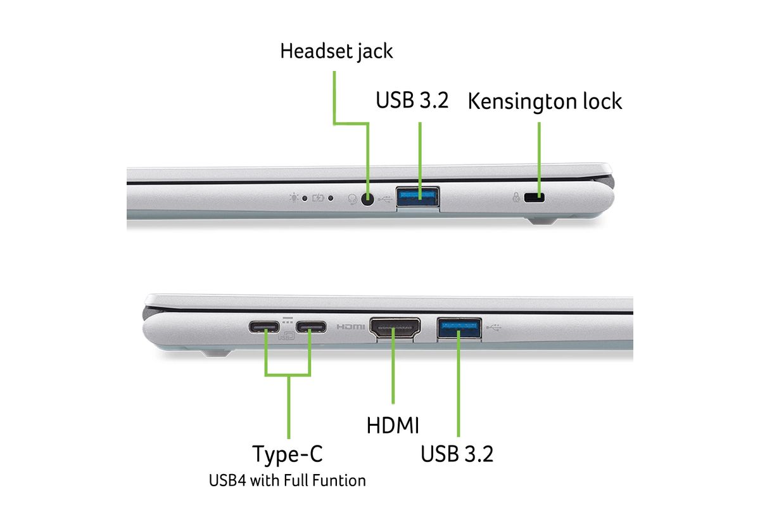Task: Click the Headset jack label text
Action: click(x=336, y=51)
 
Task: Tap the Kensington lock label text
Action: click(x=545, y=101)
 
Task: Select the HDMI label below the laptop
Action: click(x=393, y=425)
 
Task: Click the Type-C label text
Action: click(x=288, y=454)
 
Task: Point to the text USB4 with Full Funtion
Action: click(x=288, y=480)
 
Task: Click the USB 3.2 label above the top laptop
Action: click(x=412, y=100)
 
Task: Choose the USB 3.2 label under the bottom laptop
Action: click(x=457, y=454)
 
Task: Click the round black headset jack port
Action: click(x=367, y=199)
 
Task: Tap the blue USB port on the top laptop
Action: click(x=417, y=197)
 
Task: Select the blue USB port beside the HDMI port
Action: click(x=459, y=328)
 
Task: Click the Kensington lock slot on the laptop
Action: click(x=534, y=197)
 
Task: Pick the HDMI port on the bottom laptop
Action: click(x=395, y=328)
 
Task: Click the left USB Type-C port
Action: click(x=264, y=327)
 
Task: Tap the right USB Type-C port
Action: click(x=311, y=327)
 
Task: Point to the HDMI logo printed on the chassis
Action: click(x=350, y=327)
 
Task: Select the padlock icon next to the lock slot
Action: click(x=516, y=197)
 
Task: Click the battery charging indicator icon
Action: click(x=318, y=198)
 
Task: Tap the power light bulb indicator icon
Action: click(x=294, y=197)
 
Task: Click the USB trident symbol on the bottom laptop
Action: click(x=493, y=328)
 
